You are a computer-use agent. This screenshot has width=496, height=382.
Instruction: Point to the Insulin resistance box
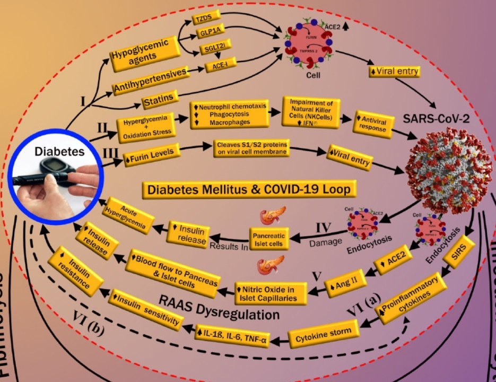(75, 271)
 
